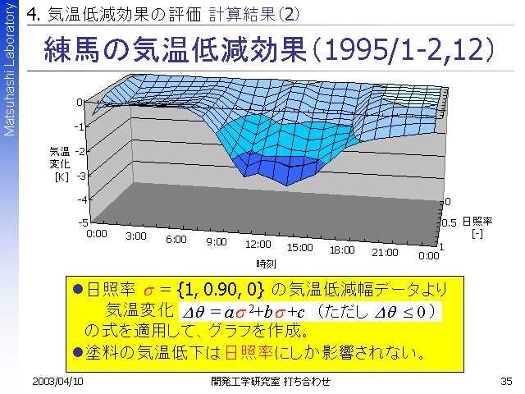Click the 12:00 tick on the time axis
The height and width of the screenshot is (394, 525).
pyautogui.click(x=258, y=244)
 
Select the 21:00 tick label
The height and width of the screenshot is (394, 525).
pyautogui.click(x=383, y=250)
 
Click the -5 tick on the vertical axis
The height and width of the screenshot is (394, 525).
pyautogui.click(x=82, y=222)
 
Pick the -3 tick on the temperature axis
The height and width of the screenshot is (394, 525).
pyautogui.click(x=82, y=175)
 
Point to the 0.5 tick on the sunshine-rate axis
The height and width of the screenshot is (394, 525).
pyautogui.click(x=449, y=223)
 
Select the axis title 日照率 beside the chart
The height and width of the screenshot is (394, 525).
pyautogui.click(x=478, y=222)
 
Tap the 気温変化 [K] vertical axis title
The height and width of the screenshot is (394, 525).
pyautogui.click(x=60, y=163)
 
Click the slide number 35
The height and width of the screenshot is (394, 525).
pyautogui.click(x=505, y=382)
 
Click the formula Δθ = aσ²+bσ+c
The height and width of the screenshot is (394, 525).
pyautogui.click(x=243, y=312)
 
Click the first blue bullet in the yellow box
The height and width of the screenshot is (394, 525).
pyautogui.click(x=79, y=290)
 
